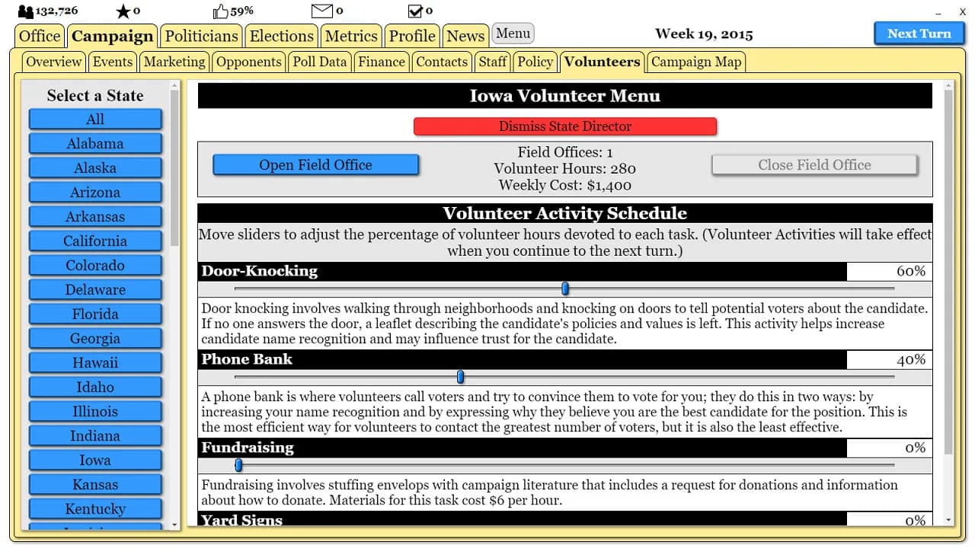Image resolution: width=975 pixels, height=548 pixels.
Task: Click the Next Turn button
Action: click(x=919, y=33)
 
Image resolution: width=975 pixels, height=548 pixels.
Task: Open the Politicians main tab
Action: click(x=202, y=36)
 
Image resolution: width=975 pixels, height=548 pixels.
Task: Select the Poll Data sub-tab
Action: click(x=320, y=62)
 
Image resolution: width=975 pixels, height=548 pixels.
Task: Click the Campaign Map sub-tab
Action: click(x=696, y=62)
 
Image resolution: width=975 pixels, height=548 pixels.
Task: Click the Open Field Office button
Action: click(x=315, y=165)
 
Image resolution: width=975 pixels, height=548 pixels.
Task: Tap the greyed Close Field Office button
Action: click(x=814, y=165)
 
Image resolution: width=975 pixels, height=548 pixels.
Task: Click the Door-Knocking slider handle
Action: click(x=565, y=288)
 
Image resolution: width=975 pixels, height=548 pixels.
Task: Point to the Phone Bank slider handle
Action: click(x=460, y=377)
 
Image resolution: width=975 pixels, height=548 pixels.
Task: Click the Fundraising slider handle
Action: click(x=238, y=465)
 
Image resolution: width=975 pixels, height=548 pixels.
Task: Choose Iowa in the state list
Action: click(x=95, y=460)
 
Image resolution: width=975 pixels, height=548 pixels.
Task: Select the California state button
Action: click(x=95, y=241)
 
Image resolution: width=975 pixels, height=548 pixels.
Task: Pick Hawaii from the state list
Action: click(x=95, y=363)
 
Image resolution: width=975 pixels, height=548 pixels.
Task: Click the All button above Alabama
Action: click(x=95, y=119)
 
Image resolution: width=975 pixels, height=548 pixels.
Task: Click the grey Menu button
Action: click(x=513, y=33)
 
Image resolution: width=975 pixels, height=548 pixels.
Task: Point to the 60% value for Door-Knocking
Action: click(x=911, y=271)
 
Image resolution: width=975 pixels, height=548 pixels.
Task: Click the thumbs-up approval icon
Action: click(x=221, y=11)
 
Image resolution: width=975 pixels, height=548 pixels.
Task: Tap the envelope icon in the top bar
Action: click(x=322, y=11)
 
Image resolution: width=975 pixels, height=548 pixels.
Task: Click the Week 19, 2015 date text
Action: click(x=704, y=34)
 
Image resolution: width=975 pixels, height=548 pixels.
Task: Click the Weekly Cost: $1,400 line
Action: click(x=565, y=185)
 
